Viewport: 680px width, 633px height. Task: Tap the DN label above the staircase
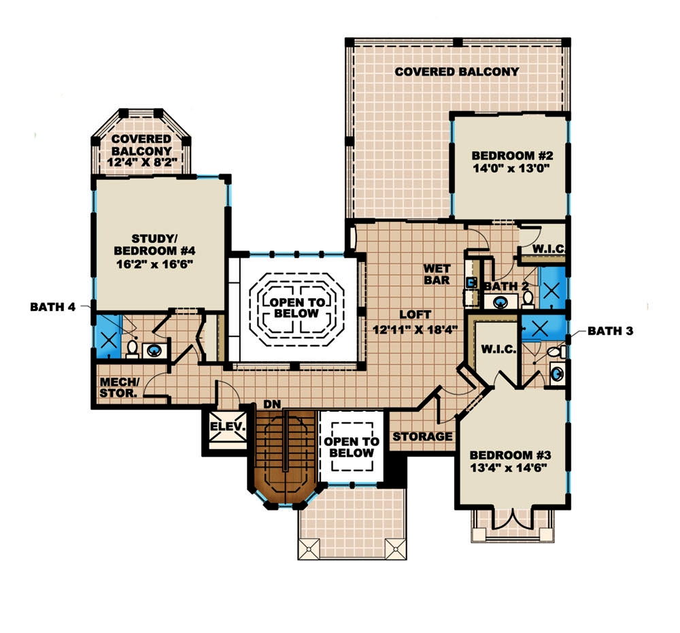pos(272,404)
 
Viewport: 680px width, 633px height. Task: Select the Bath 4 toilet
pos(133,348)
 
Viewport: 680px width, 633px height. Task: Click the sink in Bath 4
pos(154,351)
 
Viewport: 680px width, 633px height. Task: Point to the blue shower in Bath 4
pos(107,336)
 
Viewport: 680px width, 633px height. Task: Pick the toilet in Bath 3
pos(556,352)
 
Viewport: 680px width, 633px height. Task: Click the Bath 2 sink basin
pos(501,302)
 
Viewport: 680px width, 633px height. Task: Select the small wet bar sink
pos(470,281)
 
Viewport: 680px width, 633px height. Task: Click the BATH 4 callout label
pos(52,307)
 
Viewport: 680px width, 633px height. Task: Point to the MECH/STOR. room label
pos(119,387)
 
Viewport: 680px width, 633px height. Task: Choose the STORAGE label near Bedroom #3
pos(422,436)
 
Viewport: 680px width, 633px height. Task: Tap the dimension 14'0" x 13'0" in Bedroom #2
pos(510,167)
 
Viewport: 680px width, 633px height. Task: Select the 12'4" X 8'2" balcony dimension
pos(141,163)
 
